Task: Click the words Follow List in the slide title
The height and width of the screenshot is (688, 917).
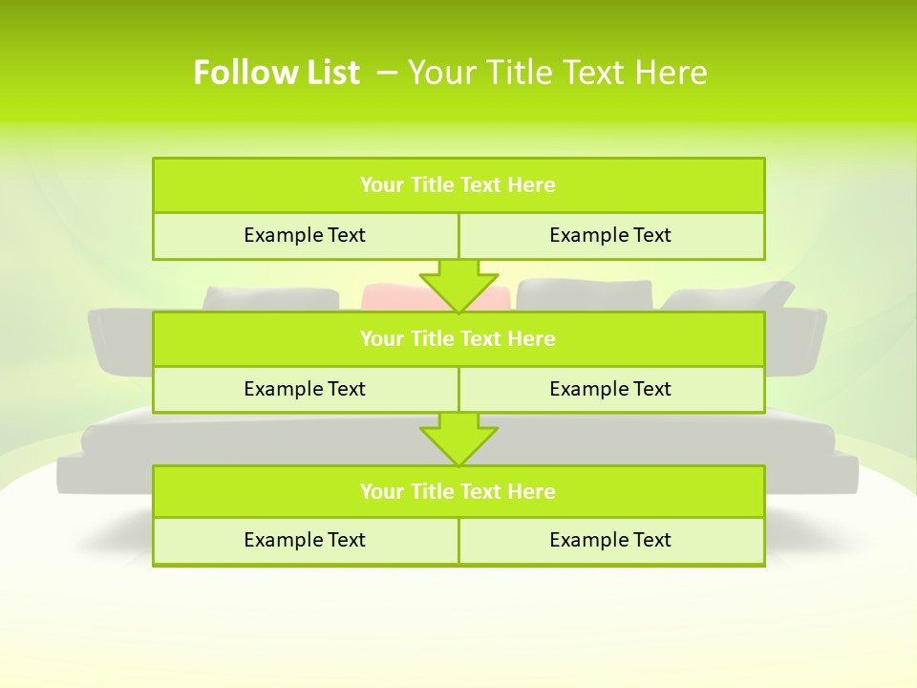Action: click(x=276, y=73)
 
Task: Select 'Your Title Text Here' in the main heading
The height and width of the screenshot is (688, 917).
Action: click(x=557, y=73)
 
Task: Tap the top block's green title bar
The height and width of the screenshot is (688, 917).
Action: click(x=458, y=185)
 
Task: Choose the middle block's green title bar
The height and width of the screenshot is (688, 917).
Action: click(x=458, y=338)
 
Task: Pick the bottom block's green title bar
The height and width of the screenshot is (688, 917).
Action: click(x=458, y=491)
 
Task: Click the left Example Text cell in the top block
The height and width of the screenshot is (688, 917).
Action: click(x=305, y=235)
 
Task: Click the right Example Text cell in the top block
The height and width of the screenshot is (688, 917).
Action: click(x=610, y=235)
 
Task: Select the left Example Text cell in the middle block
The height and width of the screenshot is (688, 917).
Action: click(x=305, y=389)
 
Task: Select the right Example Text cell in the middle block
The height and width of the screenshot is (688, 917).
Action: click(x=610, y=389)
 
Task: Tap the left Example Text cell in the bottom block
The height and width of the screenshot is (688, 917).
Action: click(x=305, y=540)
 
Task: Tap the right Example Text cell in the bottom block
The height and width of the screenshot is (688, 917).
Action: click(x=610, y=540)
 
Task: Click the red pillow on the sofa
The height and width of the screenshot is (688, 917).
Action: click(x=392, y=296)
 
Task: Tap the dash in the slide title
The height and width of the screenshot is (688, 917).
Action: click(x=388, y=73)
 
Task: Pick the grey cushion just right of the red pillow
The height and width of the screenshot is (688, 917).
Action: click(x=584, y=294)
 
